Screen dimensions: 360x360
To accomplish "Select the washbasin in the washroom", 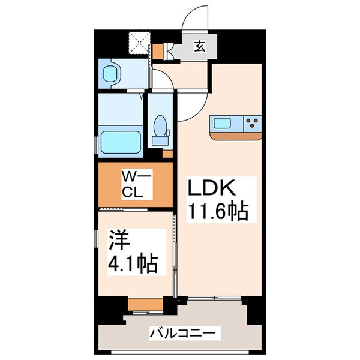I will [112, 74].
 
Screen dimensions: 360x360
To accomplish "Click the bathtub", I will [121, 142].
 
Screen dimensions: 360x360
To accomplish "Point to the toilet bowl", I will [161, 127].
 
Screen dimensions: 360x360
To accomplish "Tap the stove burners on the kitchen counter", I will [252, 124].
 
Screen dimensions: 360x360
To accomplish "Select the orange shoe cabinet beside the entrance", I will [157, 52].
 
